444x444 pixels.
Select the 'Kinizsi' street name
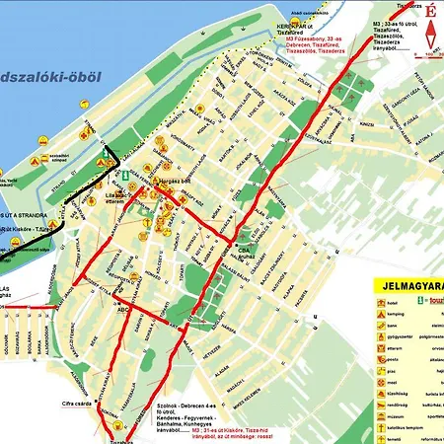tap(366, 126)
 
